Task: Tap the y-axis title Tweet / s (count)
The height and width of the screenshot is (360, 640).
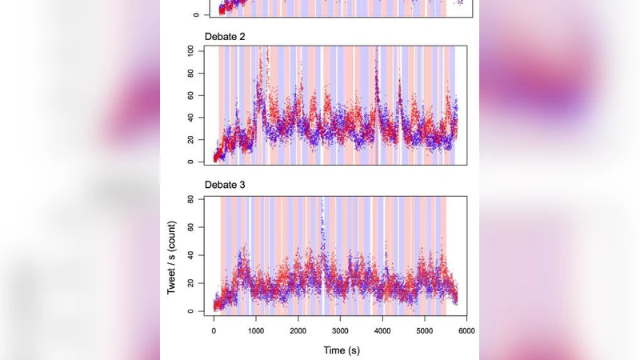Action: click(x=172, y=254)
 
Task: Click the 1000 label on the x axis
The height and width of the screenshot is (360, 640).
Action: click(x=255, y=330)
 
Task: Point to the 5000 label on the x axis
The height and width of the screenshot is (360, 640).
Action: click(x=425, y=330)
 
